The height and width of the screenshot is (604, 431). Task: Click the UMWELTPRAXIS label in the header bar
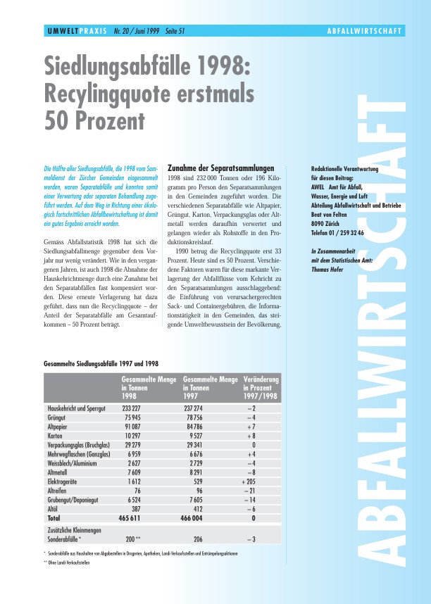click(x=69, y=32)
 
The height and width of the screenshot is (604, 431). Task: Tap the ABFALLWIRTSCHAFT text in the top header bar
click(x=365, y=32)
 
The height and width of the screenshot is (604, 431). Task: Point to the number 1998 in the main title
click(x=218, y=67)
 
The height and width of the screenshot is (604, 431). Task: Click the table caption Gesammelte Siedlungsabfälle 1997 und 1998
click(x=101, y=363)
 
